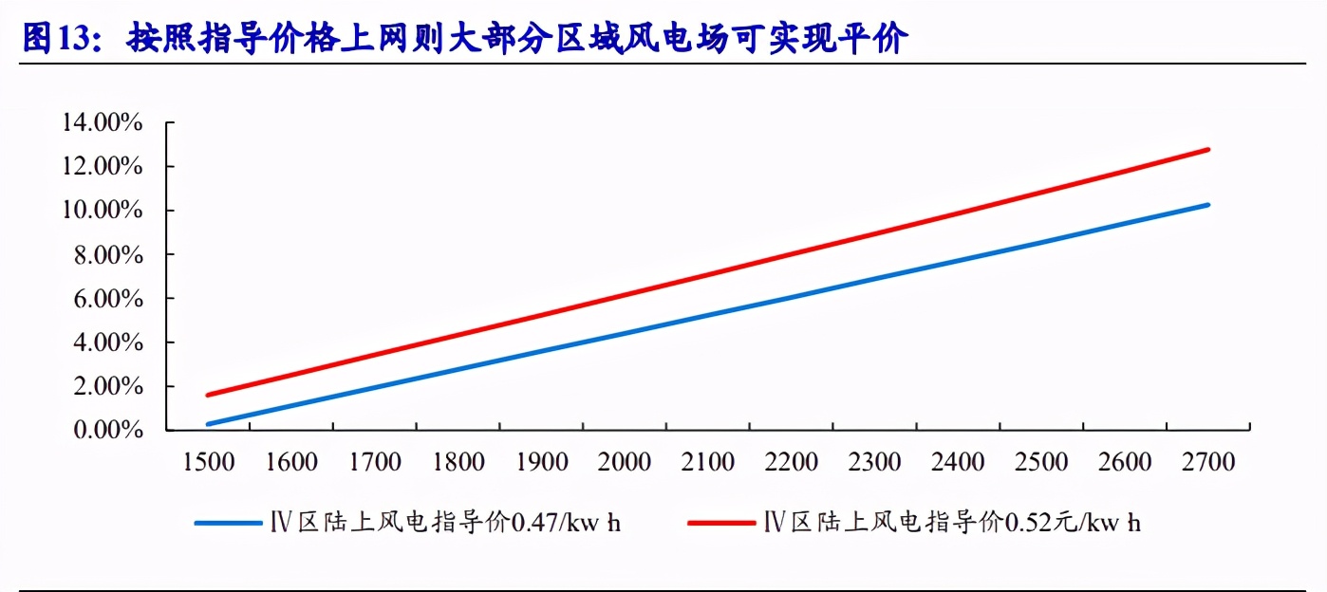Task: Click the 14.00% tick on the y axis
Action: click(x=102, y=122)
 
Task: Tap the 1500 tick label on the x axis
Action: click(x=208, y=462)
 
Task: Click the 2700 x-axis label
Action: click(x=1208, y=462)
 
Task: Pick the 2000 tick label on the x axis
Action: click(x=625, y=462)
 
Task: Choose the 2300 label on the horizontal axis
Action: click(x=874, y=462)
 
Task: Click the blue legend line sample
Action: click(x=228, y=523)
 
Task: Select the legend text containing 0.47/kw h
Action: click(x=446, y=523)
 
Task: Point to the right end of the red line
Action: click(x=1208, y=149)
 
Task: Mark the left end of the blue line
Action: click(x=208, y=424)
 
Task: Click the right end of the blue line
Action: click(x=1208, y=204)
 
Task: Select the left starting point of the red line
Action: click(x=208, y=395)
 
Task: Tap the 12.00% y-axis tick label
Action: click(x=102, y=166)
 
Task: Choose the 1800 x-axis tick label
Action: click(x=458, y=462)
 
